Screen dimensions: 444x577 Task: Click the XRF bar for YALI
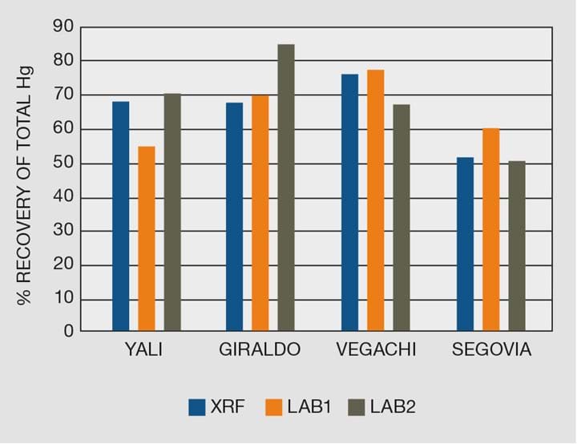pyautogui.click(x=120, y=216)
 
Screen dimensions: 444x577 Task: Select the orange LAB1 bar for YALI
pyautogui.click(x=147, y=239)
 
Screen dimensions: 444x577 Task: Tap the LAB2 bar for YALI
pyautogui.click(x=172, y=212)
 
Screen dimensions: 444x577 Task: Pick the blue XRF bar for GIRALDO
pyautogui.click(x=235, y=216)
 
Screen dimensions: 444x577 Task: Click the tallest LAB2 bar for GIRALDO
pyautogui.click(x=286, y=188)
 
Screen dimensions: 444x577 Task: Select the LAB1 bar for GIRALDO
pyautogui.click(x=260, y=213)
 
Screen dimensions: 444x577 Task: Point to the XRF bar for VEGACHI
pyautogui.click(x=349, y=203)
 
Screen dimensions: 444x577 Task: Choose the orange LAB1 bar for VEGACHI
pyautogui.click(x=375, y=200)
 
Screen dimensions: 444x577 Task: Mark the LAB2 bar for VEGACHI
pyautogui.click(x=401, y=217)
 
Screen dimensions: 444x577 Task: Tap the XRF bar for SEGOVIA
pyautogui.click(x=465, y=244)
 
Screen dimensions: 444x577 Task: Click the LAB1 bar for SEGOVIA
pyautogui.click(x=490, y=229)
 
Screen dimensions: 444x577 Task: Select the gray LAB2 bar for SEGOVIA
pyautogui.click(x=517, y=246)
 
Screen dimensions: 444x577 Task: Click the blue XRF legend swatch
pyautogui.click(x=197, y=407)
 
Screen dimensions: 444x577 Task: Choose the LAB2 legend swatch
pyautogui.click(x=357, y=407)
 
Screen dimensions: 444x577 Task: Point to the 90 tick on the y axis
pyautogui.click(x=63, y=27)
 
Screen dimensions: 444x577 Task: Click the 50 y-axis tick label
pyautogui.click(x=63, y=163)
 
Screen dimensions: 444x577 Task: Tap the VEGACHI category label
pyautogui.click(x=376, y=350)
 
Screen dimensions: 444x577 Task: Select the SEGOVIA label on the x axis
pyautogui.click(x=491, y=350)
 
